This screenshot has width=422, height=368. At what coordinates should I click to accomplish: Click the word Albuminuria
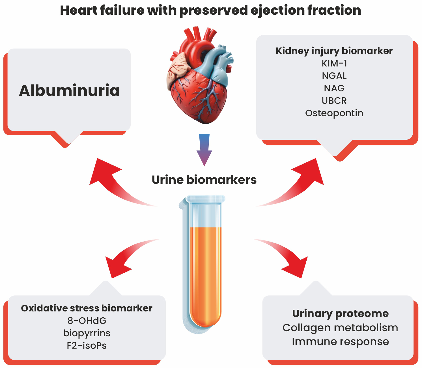pos(69,91)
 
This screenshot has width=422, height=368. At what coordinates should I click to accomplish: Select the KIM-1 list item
pos(334,63)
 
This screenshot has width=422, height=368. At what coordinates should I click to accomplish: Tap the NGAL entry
pos(334,76)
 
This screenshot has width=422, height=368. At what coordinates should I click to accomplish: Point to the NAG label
pos(334,88)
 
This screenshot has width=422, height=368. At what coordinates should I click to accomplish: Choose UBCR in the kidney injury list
pos(334,101)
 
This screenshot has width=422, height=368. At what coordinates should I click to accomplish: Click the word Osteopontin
pos(334,113)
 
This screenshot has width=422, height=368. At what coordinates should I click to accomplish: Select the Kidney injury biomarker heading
pos(334,51)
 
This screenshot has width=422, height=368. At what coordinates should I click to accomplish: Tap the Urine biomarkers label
pos(204,180)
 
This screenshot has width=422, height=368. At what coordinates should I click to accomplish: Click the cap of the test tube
pos(206,199)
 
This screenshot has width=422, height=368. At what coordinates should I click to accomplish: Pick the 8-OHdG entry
pos(87,320)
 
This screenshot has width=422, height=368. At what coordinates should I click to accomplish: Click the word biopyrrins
pos(87,333)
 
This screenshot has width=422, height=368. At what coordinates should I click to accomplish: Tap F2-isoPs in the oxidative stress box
pos(87,345)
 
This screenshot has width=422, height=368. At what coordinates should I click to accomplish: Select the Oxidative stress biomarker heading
pos(87,308)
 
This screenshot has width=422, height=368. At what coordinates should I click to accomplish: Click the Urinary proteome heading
pos(340,313)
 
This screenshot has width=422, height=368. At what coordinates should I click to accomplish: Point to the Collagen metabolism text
pos(340,328)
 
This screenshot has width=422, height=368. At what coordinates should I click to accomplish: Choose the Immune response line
pos(340,341)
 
